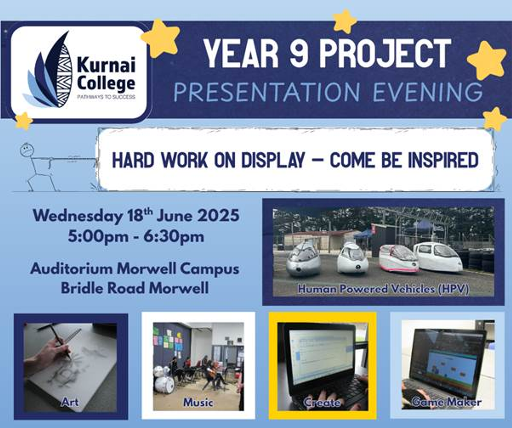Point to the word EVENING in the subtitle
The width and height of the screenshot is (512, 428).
tap(428, 92)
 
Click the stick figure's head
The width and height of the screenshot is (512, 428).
tap(27, 150)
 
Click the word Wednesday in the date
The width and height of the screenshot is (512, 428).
tap(78, 216)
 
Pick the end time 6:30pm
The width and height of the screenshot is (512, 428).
tap(174, 237)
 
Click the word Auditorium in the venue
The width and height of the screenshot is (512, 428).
tap(71, 269)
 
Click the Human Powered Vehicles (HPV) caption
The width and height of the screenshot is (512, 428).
tap(383, 289)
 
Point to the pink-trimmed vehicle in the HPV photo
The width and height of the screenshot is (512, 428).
tap(398, 259)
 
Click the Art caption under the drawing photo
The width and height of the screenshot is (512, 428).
tap(70, 402)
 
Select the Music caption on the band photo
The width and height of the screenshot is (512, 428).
tap(198, 402)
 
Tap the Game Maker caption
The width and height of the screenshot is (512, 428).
tap(447, 402)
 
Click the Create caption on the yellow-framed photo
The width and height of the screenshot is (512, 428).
tap(322, 402)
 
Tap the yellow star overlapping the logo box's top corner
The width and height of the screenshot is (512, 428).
tap(161, 37)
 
